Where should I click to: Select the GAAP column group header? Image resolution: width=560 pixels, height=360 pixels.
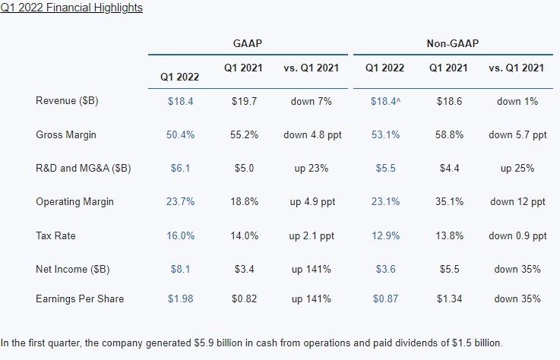pyautogui.click(x=247, y=44)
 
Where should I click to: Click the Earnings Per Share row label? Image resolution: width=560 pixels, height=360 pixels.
pyautogui.click(x=80, y=298)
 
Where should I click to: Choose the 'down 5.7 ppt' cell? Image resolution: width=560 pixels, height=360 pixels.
pyautogui.click(x=517, y=134)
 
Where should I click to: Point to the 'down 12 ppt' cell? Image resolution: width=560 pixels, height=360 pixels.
pyautogui.click(x=517, y=201)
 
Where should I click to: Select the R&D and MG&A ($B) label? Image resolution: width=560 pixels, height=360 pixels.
pyautogui.click(x=84, y=168)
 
